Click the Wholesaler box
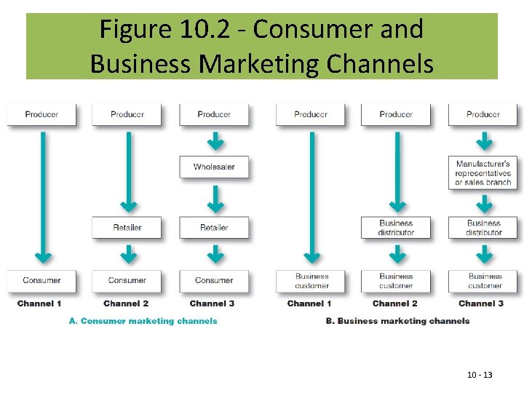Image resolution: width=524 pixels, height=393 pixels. pyautogui.click(x=214, y=167)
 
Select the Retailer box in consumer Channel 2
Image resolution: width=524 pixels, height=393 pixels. pyautogui.click(x=127, y=227)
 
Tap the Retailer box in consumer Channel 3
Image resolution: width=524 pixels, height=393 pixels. pyautogui.click(x=214, y=227)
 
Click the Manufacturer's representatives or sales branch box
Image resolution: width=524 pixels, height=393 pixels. pyautogui.click(x=483, y=173)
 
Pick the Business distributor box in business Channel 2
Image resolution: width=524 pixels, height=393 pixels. pyautogui.click(x=396, y=227)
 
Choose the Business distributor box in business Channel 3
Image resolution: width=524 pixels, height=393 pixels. pyautogui.click(x=483, y=227)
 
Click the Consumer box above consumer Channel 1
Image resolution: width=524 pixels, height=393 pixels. pyautogui.click(x=41, y=280)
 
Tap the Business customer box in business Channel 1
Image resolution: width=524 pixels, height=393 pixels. pyautogui.click(x=311, y=281)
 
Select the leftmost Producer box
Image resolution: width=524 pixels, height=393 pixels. pyautogui.click(x=41, y=114)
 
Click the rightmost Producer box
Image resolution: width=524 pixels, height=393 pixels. pyautogui.click(x=483, y=114)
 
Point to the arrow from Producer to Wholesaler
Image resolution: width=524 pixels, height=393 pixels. pyautogui.click(x=214, y=140)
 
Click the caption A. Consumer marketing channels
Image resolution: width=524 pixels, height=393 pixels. pyautogui.click(x=143, y=321)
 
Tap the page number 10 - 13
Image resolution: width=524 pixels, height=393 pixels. pyautogui.click(x=480, y=375)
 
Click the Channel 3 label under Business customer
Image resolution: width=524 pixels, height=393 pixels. pyautogui.click(x=481, y=303)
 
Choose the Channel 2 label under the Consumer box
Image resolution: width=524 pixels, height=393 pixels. pyautogui.click(x=126, y=303)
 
